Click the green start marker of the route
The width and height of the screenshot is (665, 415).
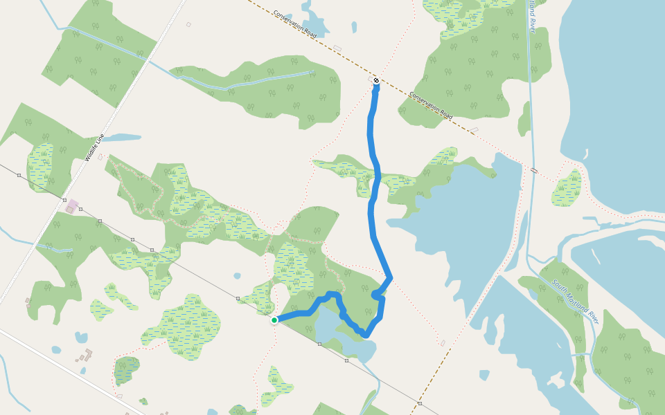click(275, 320)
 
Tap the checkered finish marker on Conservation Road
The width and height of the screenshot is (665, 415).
click(375, 82)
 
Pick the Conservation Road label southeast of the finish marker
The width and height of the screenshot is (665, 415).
click(430, 106)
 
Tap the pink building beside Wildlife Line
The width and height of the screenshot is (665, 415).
click(71, 205)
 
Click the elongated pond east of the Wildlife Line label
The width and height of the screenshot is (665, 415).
click(122, 138)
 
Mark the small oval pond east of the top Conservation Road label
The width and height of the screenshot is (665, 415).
click(354, 27)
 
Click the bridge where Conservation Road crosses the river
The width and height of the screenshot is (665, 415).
click(533, 169)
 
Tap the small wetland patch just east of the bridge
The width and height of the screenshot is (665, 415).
click(568, 189)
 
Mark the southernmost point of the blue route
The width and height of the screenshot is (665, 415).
click(365, 335)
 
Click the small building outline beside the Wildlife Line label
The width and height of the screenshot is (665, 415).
click(100, 157)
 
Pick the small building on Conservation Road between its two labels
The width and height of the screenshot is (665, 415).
click(337, 48)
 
